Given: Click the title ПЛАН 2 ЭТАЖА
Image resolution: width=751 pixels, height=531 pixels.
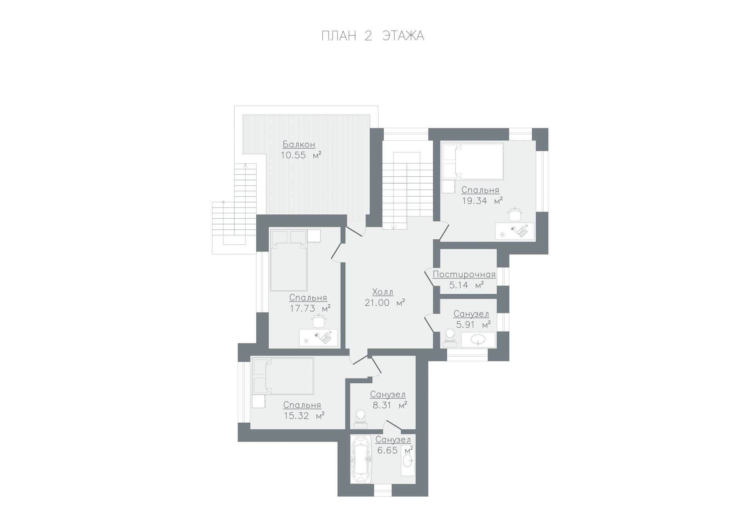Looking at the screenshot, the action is (373, 36).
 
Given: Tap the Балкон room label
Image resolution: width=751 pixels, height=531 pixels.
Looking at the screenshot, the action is (299, 144).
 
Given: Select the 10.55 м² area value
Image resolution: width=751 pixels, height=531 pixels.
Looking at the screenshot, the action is (301, 155).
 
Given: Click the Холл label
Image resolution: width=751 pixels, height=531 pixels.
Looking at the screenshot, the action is (383, 292).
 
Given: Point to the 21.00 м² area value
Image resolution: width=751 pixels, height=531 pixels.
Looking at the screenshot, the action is (384, 303).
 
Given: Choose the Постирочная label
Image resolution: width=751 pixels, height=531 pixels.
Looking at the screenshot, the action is (464, 274).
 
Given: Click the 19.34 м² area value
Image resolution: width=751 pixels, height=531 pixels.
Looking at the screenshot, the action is (482, 201).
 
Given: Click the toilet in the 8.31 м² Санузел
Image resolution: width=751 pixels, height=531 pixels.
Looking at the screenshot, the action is (360, 419).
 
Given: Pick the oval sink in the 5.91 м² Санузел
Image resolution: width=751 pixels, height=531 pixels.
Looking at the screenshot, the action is (478, 339).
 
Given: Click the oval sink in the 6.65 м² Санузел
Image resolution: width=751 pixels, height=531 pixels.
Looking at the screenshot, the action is (408, 461).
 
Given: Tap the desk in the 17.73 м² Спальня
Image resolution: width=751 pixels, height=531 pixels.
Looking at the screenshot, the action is (318, 337).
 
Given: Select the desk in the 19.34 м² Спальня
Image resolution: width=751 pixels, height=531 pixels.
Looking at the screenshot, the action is (515, 231).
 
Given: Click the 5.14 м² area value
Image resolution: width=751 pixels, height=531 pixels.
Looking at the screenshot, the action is (466, 285).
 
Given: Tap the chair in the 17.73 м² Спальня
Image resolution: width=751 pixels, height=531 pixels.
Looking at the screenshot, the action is (319, 321).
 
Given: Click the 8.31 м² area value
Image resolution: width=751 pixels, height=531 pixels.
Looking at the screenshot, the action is (390, 405).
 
